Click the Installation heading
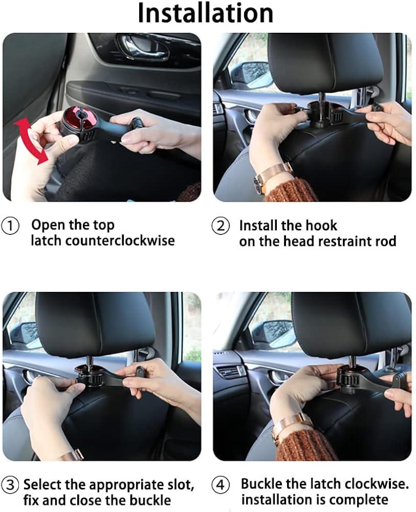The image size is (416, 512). (x=206, y=13)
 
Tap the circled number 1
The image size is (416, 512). (x=10, y=226)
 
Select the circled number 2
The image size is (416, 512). (x=221, y=226)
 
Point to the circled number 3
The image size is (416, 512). (x=10, y=484)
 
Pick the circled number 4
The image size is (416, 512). (x=221, y=484)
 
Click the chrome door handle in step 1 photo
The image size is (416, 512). (x=144, y=48)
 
